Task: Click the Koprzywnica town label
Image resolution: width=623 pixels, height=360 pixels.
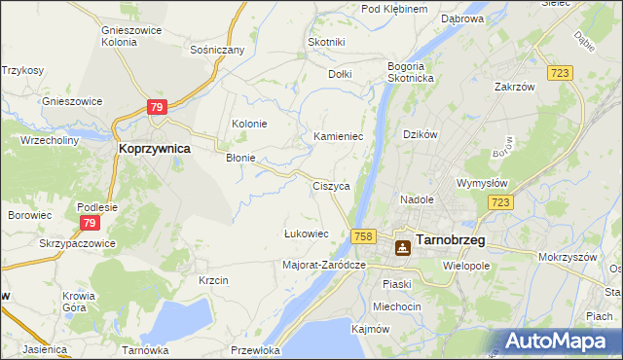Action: click(x=154, y=149)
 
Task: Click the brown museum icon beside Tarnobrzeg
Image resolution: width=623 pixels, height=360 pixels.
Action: click(x=402, y=248)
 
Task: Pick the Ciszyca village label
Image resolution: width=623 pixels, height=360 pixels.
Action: click(x=331, y=185)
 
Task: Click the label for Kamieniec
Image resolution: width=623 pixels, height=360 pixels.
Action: click(x=338, y=137)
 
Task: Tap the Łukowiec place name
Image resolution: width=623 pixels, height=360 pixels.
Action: click(x=306, y=234)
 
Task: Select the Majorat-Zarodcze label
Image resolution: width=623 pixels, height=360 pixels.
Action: click(x=323, y=265)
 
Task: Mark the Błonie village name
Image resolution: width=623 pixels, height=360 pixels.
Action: click(x=240, y=158)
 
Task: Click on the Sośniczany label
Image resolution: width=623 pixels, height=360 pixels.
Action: click(x=216, y=48)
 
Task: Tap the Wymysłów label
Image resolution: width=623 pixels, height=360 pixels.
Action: click(x=484, y=182)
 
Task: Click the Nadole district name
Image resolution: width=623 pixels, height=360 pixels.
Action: click(x=417, y=199)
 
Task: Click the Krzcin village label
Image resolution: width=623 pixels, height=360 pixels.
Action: click(x=212, y=280)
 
